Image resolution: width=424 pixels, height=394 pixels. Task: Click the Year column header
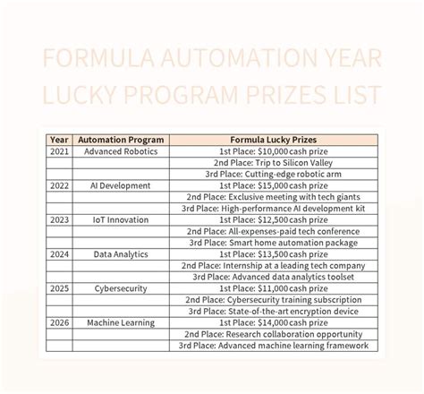click(x=59, y=140)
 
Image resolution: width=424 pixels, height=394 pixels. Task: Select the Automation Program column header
click(x=121, y=140)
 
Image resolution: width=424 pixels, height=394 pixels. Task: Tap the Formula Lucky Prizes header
click(x=273, y=140)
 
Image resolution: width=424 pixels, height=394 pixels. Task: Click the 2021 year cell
click(x=59, y=151)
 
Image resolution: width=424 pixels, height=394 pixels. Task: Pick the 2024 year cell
click(x=59, y=253)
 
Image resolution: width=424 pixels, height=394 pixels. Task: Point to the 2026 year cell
click(x=59, y=321)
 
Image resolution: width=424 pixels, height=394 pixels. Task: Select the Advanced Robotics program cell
click(x=121, y=151)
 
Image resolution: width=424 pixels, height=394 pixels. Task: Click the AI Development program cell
click(x=121, y=185)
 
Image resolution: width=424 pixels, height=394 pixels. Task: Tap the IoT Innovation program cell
click(x=121, y=219)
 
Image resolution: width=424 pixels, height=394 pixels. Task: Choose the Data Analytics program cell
click(x=121, y=253)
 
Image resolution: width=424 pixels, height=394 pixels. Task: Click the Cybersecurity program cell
click(x=121, y=287)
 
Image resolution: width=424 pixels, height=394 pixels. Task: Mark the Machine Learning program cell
click(x=121, y=321)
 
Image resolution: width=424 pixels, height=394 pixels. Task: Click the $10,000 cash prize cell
click(x=273, y=151)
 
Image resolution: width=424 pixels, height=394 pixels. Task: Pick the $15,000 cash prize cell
click(x=273, y=185)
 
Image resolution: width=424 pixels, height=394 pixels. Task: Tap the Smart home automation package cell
click(x=273, y=242)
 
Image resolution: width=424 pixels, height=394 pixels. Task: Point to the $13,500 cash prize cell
click(x=273, y=253)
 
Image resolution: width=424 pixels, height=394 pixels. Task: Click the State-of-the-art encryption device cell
click(x=273, y=310)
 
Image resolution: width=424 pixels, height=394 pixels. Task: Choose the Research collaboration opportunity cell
click(x=273, y=333)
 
